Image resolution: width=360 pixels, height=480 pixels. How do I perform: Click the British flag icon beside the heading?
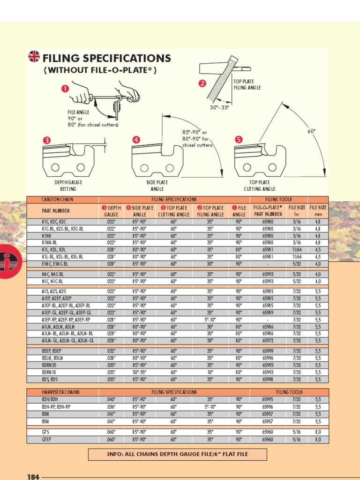[x=34, y=57]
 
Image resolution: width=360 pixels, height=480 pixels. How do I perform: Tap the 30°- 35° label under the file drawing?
[x=220, y=107]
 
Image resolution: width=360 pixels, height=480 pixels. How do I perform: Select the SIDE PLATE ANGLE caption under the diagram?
[x=157, y=186]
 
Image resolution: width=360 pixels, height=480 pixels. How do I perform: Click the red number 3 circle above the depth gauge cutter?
[x=46, y=140]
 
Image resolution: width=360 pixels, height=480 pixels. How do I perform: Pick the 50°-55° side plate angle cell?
[x=140, y=372]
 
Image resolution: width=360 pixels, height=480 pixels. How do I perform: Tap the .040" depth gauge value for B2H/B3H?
[x=111, y=399]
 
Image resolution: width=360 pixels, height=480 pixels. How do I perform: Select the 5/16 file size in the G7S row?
[x=297, y=432]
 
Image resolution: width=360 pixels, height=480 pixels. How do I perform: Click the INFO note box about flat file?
[x=177, y=454]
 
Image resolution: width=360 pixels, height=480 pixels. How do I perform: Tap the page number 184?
[x=33, y=477]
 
